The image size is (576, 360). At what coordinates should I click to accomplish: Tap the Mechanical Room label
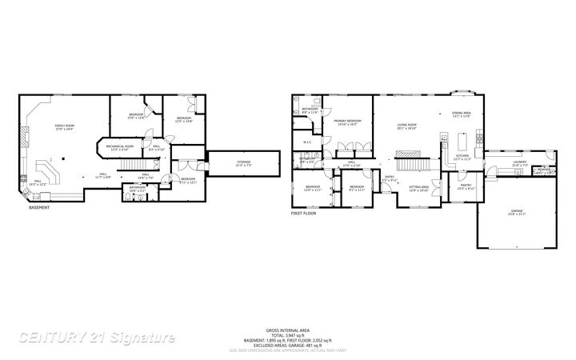pos(118,147)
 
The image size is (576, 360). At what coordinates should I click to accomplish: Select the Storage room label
pos(243,162)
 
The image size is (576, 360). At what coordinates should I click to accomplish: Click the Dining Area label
pos(461,114)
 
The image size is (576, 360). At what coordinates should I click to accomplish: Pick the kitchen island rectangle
pos(461,142)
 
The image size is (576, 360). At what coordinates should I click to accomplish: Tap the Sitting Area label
pos(419,188)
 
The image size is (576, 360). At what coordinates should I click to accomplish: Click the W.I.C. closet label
pos(307,142)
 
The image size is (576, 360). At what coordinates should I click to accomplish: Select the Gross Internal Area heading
pos(287,330)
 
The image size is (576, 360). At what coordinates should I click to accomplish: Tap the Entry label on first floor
pos(390,178)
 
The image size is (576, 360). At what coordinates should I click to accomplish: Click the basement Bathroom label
pos(138,189)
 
